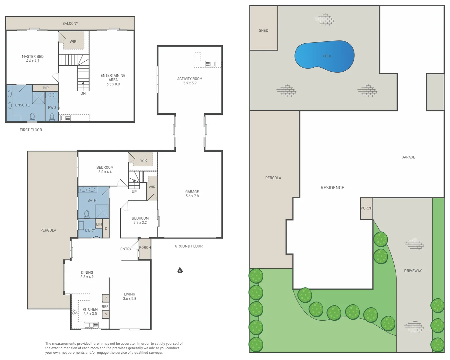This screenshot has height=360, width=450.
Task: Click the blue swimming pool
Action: click(x=324, y=56)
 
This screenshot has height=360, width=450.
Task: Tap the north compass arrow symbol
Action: click(x=180, y=270)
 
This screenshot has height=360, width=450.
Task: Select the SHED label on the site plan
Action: click(x=263, y=30)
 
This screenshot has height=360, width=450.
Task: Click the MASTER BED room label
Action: click(x=33, y=57)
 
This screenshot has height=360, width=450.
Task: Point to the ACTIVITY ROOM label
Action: click(x=190, y=79)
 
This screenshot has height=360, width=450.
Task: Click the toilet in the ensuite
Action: click(x=32, y=117)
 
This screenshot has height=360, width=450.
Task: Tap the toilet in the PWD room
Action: click(x=52, y=117)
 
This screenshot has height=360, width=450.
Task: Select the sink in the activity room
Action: click(x=210, y=64)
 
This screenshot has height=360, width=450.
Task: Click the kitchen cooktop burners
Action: click(x=75, y=312)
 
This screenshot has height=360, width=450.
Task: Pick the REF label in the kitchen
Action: click(x=105, y=307)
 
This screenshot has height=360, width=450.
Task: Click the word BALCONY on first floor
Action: click(x=70, y=24)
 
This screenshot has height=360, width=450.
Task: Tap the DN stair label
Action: click(x=83, y=94)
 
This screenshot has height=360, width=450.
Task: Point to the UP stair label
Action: click(x=134, y=192)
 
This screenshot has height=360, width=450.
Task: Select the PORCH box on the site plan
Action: click(x=366, y=208)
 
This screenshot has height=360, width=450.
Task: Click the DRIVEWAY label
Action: click(x=413, y=271)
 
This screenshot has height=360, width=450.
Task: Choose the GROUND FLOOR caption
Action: click(x=189, y=246)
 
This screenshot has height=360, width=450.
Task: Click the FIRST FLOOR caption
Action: click(x=31, y=130)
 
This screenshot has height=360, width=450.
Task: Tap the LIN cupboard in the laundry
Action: click(x=99, y=224)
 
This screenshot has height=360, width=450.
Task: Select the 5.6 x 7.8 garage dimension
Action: click(x=192, y=196)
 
